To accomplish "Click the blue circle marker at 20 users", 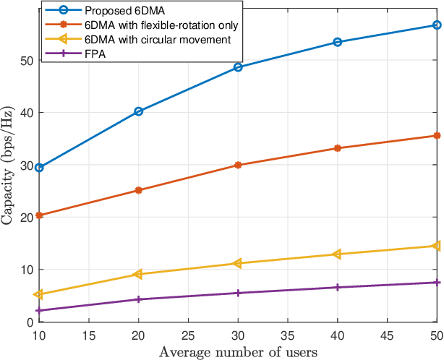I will point(139,111).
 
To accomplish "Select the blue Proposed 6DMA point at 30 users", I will point(239,67).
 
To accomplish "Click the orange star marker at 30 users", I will point(239,165).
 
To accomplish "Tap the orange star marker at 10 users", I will point(39,215).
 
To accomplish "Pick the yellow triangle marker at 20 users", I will point(139,274).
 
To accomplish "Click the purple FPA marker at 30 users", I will point(239,293).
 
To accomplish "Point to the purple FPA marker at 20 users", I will point(139,299).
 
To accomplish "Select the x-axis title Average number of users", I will point(239,352).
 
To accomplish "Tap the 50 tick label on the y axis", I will point(25,61).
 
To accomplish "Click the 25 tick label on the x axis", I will point(188,335).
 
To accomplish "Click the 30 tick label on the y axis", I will point(25,166).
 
